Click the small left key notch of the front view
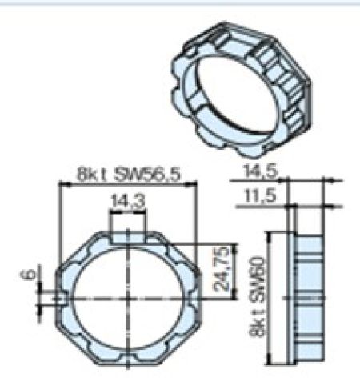tap(59, 300)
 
